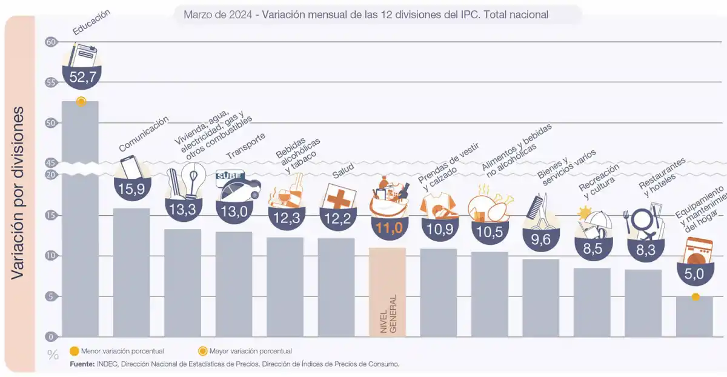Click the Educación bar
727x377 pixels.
tap(80, 218)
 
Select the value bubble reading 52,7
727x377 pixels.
tap(81, 76)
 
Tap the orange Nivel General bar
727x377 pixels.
tap(387, 291)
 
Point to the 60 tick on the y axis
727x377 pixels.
tap(50, 42)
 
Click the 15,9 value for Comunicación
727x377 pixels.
tap(131, 189)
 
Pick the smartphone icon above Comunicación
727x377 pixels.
tap(129, 168)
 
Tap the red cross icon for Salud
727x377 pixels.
tap(337, 197)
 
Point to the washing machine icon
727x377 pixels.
tap(695, 252)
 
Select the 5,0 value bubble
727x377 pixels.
tap(694, 274)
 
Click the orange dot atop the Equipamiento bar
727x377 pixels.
tap(695, 296)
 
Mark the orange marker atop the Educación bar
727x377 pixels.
tap(81, 101)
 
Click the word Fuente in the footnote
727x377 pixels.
tap(82, 364)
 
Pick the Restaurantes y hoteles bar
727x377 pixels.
tap(643, 303)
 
